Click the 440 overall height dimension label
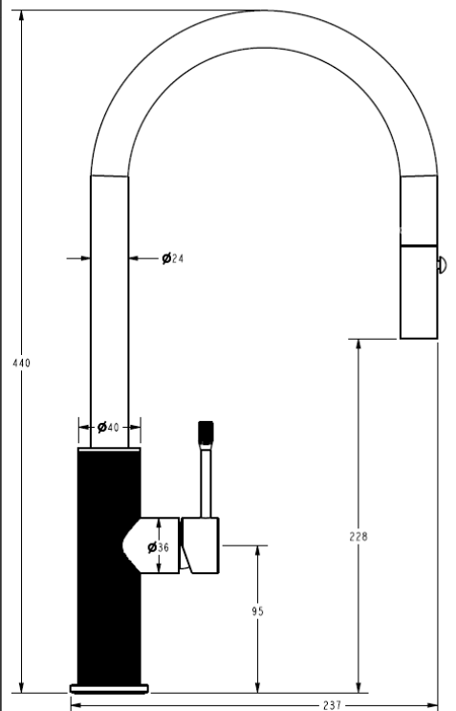pos(21,363)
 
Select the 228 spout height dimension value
pos(358,537)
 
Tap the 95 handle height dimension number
pos(257,611)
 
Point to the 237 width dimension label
pos(332,705)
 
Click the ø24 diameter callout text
pos(172,258)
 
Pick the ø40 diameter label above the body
pos(108,427)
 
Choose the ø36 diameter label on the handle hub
pos(158,547)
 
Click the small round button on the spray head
pos(442,265)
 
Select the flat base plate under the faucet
pos(109,689)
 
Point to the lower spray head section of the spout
pos(419,292)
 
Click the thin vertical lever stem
pos(206,480)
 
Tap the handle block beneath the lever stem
pos(201,545)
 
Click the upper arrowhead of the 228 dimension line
pos(358,344)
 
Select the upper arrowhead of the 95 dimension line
pos(257,551)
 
